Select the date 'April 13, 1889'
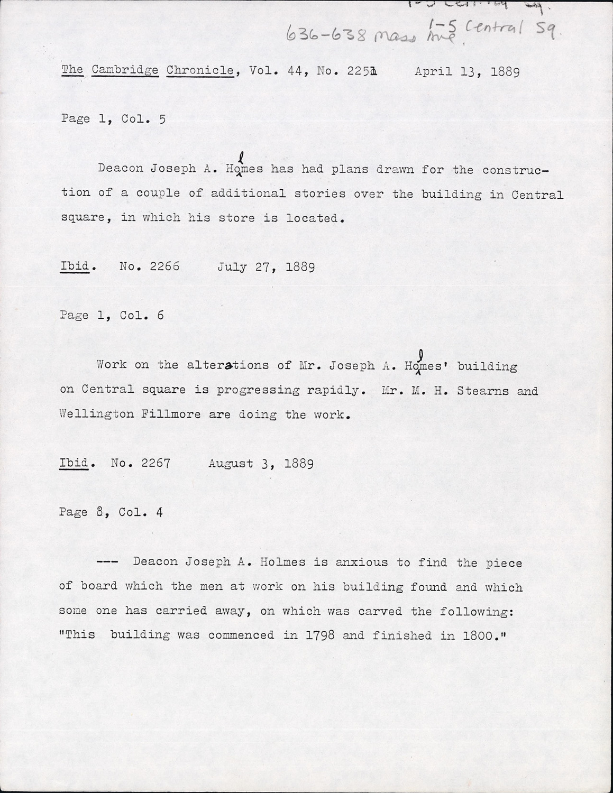[x=467, y=71]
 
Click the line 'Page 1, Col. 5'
[x=113, y=119]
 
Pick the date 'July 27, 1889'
[x=266, y=266]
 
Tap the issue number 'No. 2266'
[x=150, y=266]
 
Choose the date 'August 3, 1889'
[x=261, y=464]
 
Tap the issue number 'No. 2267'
[x=141, y=464]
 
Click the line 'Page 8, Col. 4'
[x=111, y=512]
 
